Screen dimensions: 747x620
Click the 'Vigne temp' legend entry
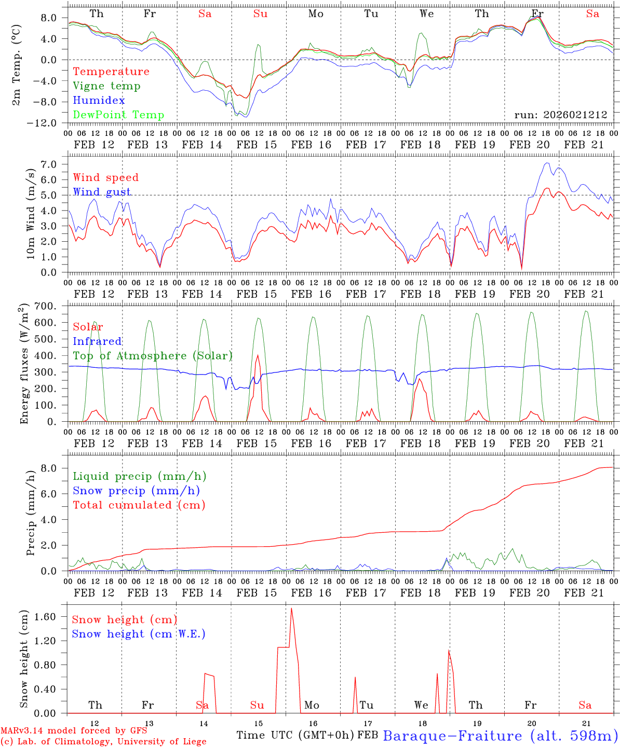pos(106,86)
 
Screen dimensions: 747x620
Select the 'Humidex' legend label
pos(99,101)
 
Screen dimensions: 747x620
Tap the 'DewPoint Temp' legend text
pos(118,115)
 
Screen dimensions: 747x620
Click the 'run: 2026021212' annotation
pos(560,115)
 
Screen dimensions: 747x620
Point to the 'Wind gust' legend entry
pos(102,192)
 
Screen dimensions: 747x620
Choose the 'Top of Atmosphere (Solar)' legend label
pos(153,356)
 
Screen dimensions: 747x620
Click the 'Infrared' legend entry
pos(97,341)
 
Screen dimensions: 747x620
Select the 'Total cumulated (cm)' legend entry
pos(139,505)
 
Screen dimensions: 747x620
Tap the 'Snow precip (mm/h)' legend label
pos(136,491)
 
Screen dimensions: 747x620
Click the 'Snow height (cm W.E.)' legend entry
pos(138,634)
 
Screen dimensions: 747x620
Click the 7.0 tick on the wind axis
pos(54,164)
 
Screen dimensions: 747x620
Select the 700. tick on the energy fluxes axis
pos(51,306)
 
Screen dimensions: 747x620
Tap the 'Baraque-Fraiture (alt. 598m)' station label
pos(501,736)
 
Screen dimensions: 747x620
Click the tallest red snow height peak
pos(291,608)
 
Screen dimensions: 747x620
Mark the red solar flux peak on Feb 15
pos(258,355)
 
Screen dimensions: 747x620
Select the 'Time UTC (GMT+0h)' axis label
pos(295,735)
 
